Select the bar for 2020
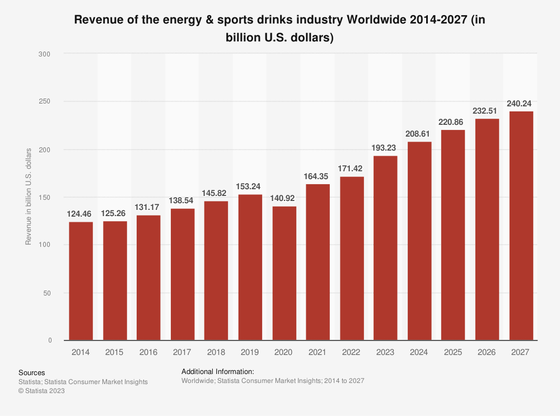pyautogui.click(x=284, y=273)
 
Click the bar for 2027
pyautogui.click(x=521, y=226)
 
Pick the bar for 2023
pyautogui.click(x=385, y=248)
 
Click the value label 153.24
pyautogui.click(x=250, y=186)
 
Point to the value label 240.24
pyautogui.click(x=521, y=104)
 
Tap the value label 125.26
pyautogui.click(x=115, y=213)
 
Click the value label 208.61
pyautogui.click(x=419, y=134)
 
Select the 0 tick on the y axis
pyautogui.click(x=49, y=340)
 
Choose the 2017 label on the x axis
pyautogui.click(x=183, y=352)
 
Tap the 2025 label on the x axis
pyautogui.click(x=453, y=352)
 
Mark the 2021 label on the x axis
pyautogui.click(x=318, y=352)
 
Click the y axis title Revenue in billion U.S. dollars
pyautogui.click(x=29, y=197)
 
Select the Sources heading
pyautogui.click(x=31, y=372)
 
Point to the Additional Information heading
pyautogui.click(x=218, y=371)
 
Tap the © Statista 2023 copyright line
pyautogui.click(x=41, y=391)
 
